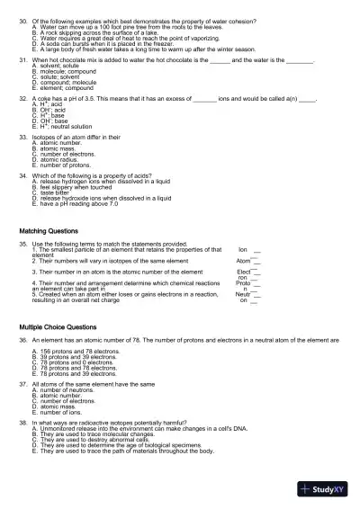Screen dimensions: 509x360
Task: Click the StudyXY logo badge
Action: (x=326, y=489)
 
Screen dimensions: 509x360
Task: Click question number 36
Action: (x=23, y=343)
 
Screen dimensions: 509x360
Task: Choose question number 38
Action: (x=23, y=421)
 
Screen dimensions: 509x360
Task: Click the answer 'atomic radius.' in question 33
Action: (x=58, y=157)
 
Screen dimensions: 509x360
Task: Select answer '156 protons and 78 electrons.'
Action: (x=76, y=353)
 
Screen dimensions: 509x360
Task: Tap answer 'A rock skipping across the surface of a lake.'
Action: (x=99, y=29)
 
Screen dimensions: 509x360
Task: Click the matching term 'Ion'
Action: (x=243, y=249)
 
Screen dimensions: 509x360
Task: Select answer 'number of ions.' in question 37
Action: (x=61, y=411)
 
